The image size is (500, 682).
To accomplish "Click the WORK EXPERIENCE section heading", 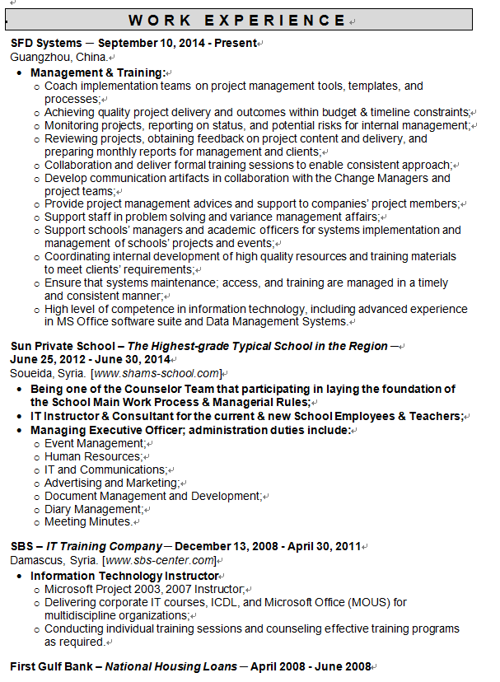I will pos(236,21).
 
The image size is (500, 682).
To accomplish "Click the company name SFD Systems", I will pos(46,43).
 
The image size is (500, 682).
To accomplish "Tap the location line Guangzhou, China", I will pos(58,57).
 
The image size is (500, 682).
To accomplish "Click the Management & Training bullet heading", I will pos(97,72).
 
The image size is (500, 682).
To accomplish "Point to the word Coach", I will pos(61,86).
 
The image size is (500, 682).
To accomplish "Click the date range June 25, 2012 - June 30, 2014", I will pos(91,359).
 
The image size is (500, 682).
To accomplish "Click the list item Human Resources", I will pos(92,456).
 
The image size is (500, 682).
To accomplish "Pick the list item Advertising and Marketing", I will pos(110,483).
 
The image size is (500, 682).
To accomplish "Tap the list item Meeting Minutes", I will pos(88,521).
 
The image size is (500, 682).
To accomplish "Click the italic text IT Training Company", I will pos(104,546).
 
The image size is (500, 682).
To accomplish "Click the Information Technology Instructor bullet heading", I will pos(124,576).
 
